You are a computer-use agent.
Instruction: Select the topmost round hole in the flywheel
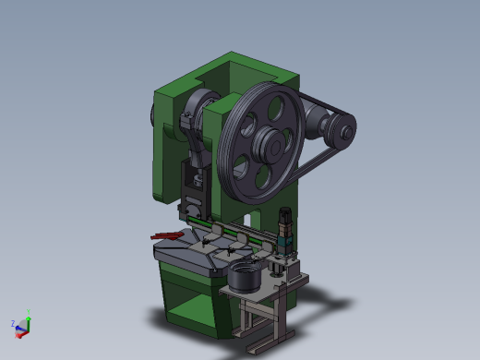pos(270,107)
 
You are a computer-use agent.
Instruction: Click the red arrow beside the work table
pos(166,236)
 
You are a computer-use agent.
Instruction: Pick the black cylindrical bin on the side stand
pos(245,276)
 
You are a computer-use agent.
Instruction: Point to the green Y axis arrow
pos(28,316)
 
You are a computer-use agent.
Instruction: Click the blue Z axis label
pos(12,324)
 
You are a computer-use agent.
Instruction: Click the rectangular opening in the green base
pos(192,309)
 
